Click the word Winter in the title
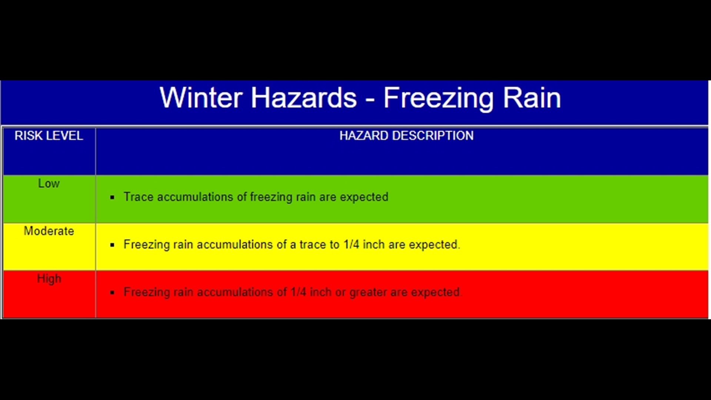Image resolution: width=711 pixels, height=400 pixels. click(201, 98)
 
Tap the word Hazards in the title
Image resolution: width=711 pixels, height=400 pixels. click(304, 98)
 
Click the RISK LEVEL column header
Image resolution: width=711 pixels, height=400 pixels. click(49, 136)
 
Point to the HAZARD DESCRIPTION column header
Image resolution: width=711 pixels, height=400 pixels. click(406, 136)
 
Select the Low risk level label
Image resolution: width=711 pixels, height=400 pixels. click(49, 183)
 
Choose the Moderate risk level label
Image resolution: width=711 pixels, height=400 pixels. click(49, 231)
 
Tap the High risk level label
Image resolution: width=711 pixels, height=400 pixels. click(49, 279)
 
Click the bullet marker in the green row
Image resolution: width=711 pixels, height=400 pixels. click(112, 197)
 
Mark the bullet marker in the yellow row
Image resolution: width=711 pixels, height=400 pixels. click(112, 245)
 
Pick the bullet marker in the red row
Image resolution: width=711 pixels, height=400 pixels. click(112, 293)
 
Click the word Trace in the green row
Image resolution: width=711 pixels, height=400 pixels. click(138, 197)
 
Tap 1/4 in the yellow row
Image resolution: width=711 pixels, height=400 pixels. click(351, 244)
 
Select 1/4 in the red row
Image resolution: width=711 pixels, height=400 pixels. click(298, 292)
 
